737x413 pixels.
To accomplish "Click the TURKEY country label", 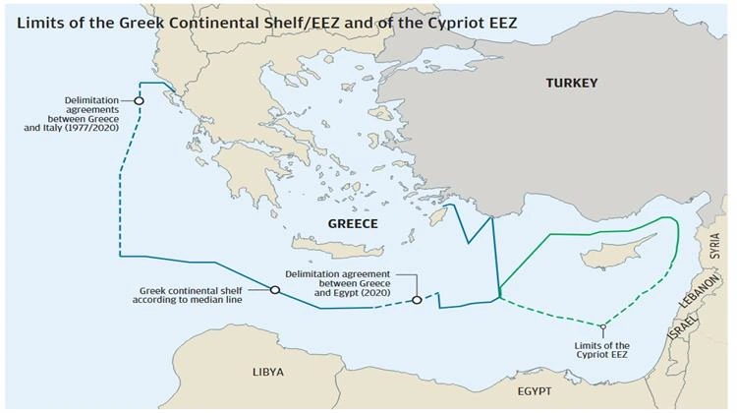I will point(571,84).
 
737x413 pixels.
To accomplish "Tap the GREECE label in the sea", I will point(352,224).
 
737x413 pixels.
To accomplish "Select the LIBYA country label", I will point(266,372).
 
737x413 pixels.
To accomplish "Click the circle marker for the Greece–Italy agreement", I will point(140,100).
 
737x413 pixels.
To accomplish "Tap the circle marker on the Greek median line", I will point(275,289).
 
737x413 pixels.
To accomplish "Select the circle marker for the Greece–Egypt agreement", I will point(417,300).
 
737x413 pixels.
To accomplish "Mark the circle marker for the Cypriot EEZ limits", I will point(602,326).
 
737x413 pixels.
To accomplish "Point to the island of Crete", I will point(334,246).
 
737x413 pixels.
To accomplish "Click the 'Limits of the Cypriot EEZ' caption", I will point(602,351).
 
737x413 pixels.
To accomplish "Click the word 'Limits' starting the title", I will point(36,23).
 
